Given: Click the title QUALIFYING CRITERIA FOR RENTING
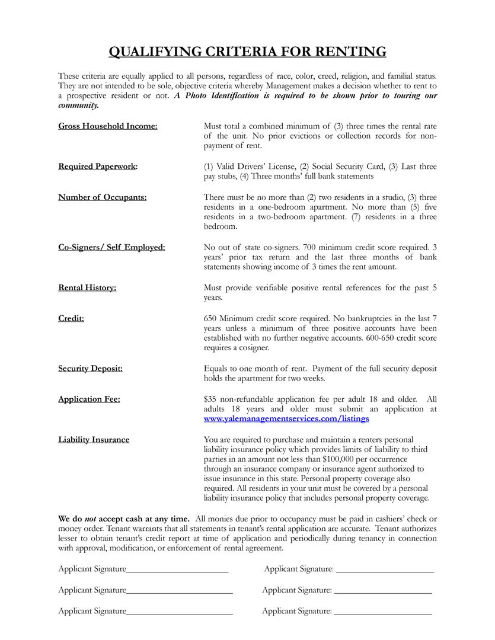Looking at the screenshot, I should [x=247, y=52].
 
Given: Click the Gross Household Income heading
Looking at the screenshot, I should [x=108, y=126].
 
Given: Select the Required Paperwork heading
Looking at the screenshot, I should [x=98, y=167].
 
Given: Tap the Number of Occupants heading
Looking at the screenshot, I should [x=103, y=197].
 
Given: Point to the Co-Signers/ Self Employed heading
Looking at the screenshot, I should [x=111, y=247].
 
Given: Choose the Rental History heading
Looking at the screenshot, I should [x=87, y=288].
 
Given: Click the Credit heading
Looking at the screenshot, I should [x=71, y=319].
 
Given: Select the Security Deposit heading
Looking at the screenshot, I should [x=90, y=369].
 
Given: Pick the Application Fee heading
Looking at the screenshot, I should [x=89, y=399].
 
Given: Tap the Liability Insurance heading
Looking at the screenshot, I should [x=94, y=440].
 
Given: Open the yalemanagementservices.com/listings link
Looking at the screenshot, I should [x=286, y=418].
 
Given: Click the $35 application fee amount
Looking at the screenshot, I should [x=210, y=399].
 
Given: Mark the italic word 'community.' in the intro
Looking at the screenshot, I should [x=78, y=105].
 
